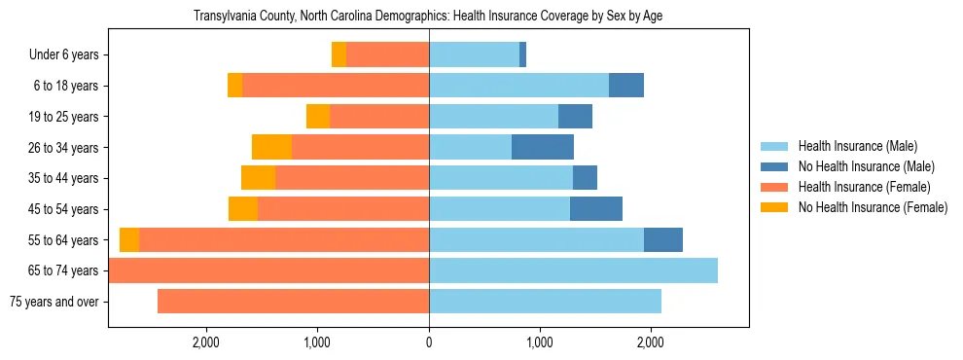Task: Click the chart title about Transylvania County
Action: coord(428,17)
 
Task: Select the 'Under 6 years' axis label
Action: coord(64,55)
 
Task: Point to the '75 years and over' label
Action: coord(54,302)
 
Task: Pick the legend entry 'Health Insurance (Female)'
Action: coord(864,187)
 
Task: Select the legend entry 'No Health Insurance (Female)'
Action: coord(873,207)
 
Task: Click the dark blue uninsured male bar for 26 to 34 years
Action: coord(543,147)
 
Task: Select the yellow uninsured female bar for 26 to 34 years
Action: coord(271,147)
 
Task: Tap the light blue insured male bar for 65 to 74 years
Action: coord(573,270)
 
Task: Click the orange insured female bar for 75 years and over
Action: coord(293,302)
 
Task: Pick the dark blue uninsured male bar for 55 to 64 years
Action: coord(663,239)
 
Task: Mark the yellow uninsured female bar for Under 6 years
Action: coord(339,55)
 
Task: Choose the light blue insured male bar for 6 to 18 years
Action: coord(518,86)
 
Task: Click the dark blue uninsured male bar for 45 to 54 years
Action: coord(596,209)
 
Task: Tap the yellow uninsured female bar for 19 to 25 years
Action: coord(318,117)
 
